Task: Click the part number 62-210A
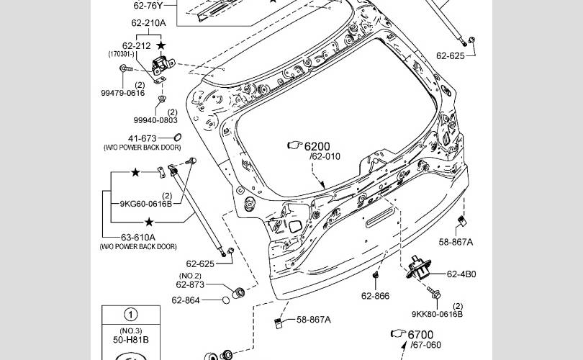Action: (149, 22)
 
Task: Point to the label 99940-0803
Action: (155, 120)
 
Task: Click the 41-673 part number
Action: (143, 138)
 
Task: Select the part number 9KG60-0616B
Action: (146, 204)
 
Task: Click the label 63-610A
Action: (137, 237)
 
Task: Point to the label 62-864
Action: (186, 300)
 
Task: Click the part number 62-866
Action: (375, 295)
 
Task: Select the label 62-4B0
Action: (461, 274)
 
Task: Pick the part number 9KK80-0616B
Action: (437, 314)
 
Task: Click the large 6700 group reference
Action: (420, 335)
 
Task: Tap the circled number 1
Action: (130, 315)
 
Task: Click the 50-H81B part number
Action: (130, 338)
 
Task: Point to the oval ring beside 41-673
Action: (177, 138)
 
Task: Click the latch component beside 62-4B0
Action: (417, 270)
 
